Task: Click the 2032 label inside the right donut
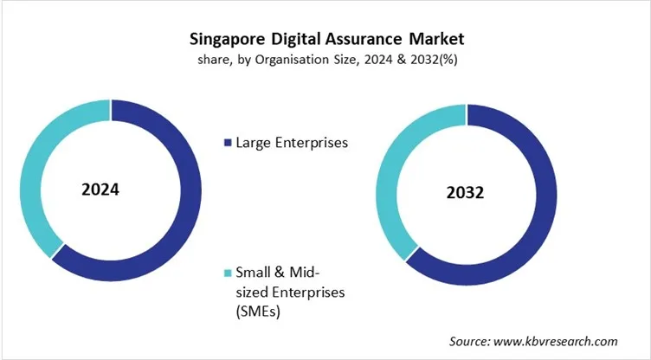click(465, 192)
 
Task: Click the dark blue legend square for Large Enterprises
click(228, 142)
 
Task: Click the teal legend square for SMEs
click(228, 273)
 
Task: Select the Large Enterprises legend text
click(291, 142)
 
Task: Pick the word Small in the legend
click(254, 273)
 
